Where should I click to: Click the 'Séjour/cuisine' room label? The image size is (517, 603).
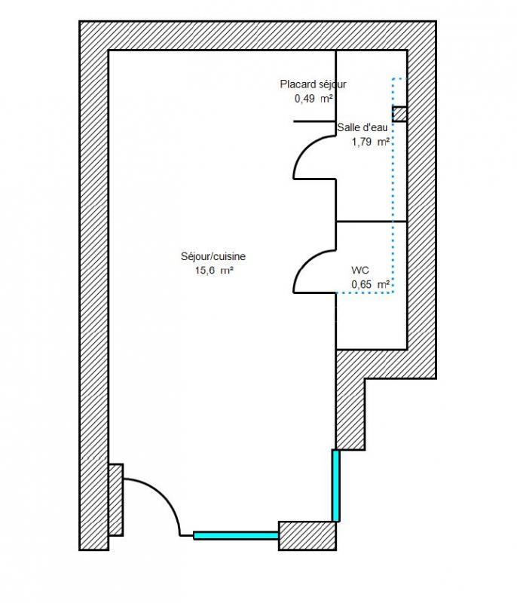tap(213, 256)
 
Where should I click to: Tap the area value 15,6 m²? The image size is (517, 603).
tap(213, 270)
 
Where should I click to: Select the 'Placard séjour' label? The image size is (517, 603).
tap(313, 84)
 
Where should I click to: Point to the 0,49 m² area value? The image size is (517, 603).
tap(314, 98)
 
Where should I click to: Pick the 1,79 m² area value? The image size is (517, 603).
tap(370, 141)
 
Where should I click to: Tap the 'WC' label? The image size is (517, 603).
tap(359, 270)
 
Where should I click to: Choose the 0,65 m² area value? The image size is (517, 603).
tap(370, 284)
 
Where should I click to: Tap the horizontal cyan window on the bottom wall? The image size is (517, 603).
tap(236, 536)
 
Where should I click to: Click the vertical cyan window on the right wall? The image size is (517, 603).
tap(336, 485)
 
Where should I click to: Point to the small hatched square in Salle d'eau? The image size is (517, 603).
tap(399, 114)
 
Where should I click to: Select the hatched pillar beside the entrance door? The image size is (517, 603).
tap(115, 500)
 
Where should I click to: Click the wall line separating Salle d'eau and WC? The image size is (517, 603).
tap(371, 222)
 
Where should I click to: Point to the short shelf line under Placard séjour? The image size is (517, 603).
tap(314, 121)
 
